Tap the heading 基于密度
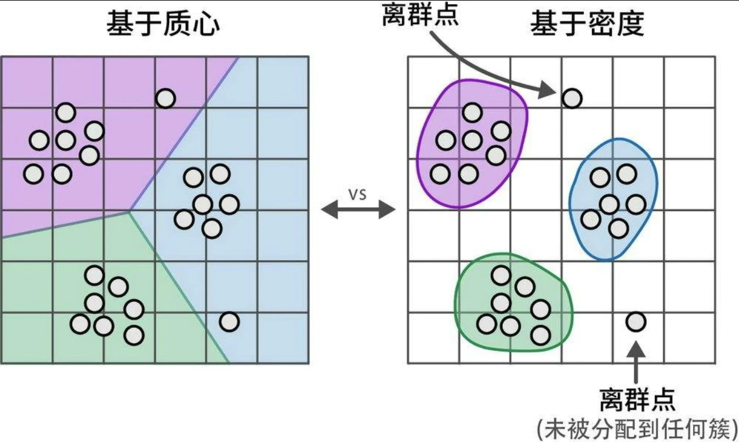point(587,24)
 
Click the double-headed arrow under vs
point(359,210)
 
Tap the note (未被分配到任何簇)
point(637,426)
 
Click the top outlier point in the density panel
point(572,98)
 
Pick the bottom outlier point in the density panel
point(636,322)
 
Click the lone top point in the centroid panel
point(166,98)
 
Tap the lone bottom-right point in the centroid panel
point(229,322)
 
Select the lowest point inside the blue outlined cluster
point(618,228)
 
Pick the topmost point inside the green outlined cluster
point(501,275)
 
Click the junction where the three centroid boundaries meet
point(129,211)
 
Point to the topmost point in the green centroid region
point(94,275)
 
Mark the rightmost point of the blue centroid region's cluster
point(229,204)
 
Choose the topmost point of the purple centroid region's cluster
point(66,112)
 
